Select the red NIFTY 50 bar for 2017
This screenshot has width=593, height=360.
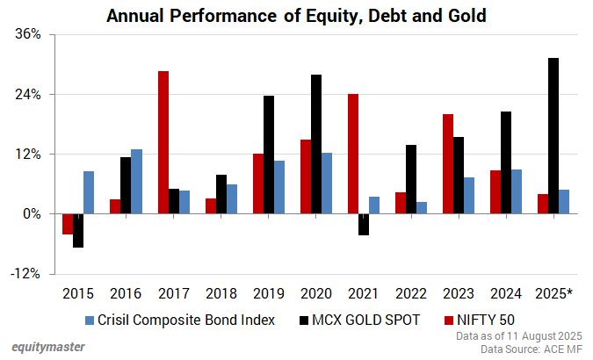click(163, 142)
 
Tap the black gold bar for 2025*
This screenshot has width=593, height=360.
click(553, 135)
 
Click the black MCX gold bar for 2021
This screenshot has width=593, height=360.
click(364, 224)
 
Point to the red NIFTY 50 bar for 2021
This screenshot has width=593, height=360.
click(353, 154)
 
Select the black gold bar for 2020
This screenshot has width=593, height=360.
click(316, 144)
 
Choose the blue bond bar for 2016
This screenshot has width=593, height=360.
click(136, 181)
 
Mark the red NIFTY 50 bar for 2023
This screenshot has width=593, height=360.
click(448, 163)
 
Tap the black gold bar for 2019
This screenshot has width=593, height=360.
click(269, 155)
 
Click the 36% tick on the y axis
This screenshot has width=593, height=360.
click(29, 34)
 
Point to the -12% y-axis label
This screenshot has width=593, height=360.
click(26, 273)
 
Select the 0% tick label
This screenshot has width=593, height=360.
click(32, 213)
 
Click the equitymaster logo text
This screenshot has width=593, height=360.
click(48, 347)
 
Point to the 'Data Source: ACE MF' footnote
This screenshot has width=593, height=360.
click(529, 349)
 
